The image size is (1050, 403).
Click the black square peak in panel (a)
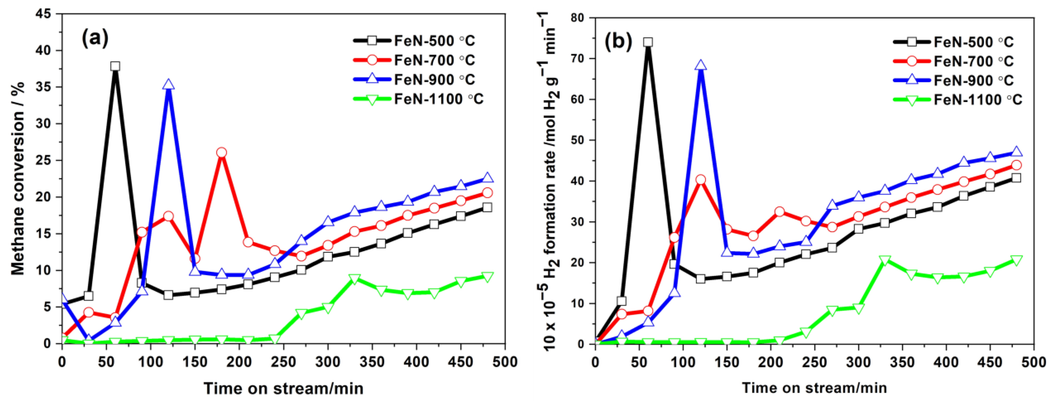pos(115,66)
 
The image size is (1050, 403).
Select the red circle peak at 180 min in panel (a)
pos(221,152)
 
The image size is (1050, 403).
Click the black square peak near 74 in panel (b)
pos(648,42)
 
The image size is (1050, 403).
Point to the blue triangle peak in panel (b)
pos(701,65)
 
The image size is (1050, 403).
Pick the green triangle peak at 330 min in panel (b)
pos(885,260)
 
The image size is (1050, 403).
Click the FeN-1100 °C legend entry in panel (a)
pos(438,99)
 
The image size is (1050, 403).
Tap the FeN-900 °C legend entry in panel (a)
pos(434,80)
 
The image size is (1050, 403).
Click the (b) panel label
pos(618,41)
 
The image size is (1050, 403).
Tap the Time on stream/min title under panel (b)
pos(814,388)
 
